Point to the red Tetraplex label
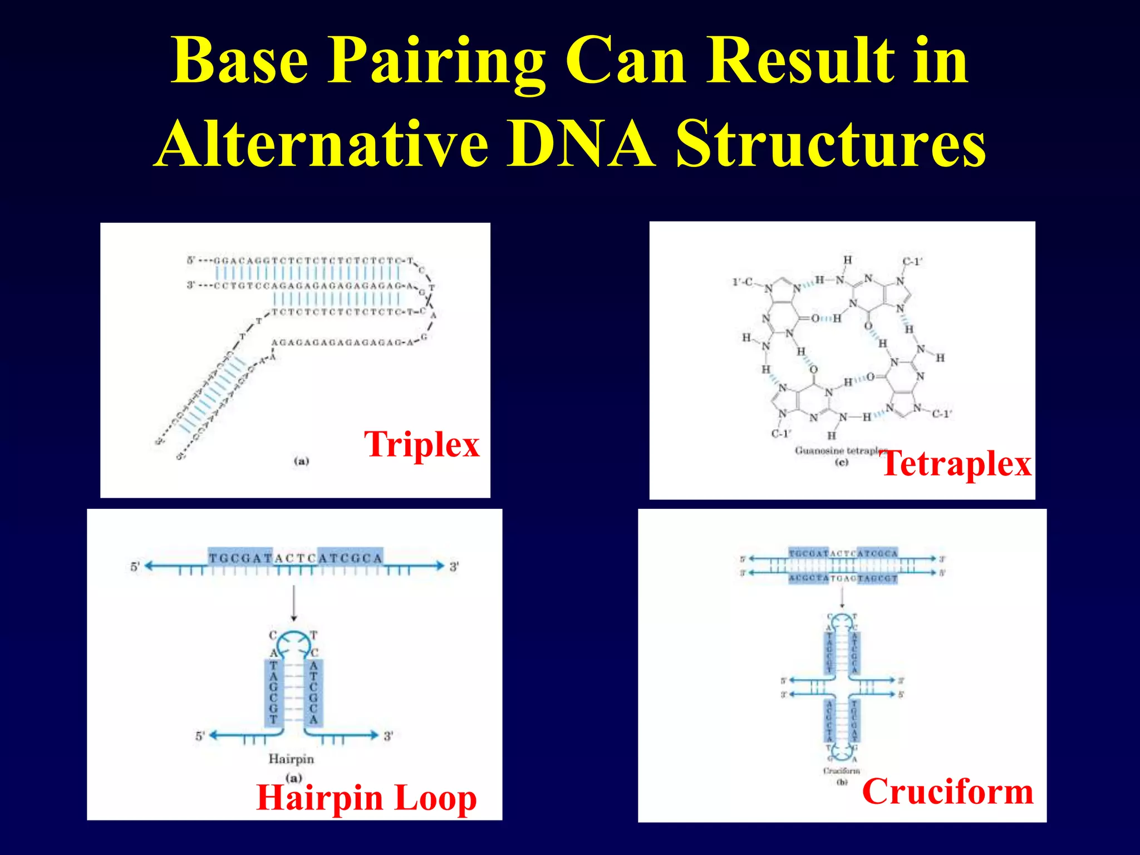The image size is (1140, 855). coord(956,464)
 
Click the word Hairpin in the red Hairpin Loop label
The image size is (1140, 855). coord(320,798)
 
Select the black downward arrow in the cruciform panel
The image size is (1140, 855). coord(842,598)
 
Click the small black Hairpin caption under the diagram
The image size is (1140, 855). coord(291,759)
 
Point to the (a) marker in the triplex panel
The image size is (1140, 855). coord(301,461)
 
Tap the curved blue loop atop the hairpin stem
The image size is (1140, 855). coord(293,641)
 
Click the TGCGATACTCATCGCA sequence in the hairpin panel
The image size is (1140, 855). coord(296,558)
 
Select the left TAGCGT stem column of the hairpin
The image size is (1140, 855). coord(273,692)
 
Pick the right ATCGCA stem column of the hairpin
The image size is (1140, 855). coord(313,692)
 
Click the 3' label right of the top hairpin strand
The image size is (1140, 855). coord(454,567)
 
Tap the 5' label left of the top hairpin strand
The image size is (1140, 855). coord(135,567)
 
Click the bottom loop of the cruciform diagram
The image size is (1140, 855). coord(842,753)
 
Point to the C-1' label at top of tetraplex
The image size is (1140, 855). coord(912,262)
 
